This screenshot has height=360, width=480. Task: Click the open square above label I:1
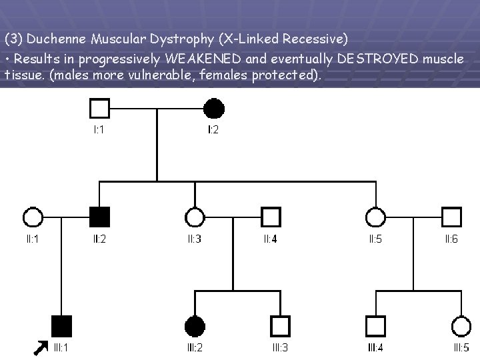click(99, 108)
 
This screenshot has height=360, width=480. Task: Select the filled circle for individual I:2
click(213, 108)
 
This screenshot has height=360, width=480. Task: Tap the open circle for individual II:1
click(32, 217)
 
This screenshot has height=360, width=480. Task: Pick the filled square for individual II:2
click(99, 217)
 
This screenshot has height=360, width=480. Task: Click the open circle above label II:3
click(195, 217)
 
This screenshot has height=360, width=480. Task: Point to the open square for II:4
click(270, 217)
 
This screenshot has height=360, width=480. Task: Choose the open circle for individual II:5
click(375, 217)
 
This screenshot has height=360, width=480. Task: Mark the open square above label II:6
click(451, 217)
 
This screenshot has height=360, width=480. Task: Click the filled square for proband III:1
click(61, 325)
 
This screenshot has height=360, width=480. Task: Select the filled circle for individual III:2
click(195, 325)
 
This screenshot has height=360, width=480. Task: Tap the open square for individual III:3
click(280, 325)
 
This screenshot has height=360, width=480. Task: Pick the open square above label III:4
click(375, 325)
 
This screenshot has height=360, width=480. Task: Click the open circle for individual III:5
click(461, 325)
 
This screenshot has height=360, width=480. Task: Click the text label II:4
click(270, 239)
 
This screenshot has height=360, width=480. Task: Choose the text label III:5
click(461, 347)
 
